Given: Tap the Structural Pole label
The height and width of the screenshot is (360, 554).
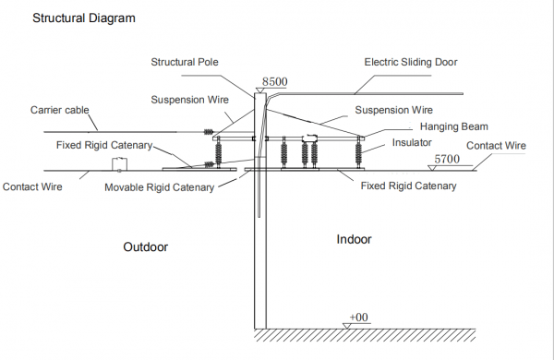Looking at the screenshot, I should coord(187,62).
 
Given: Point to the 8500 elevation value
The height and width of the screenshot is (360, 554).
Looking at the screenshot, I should coord(275,82).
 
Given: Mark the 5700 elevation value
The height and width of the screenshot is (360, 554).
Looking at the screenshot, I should coord(448,159).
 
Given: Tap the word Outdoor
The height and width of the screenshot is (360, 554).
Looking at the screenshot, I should coord(148,247).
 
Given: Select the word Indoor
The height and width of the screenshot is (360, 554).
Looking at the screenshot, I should coord(354,239).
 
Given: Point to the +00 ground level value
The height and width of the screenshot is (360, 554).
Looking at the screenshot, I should coord(358,317).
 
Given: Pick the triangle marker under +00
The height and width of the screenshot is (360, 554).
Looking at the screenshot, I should coord(348,324).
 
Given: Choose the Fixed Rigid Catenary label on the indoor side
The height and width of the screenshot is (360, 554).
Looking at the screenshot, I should coord(407,186).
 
